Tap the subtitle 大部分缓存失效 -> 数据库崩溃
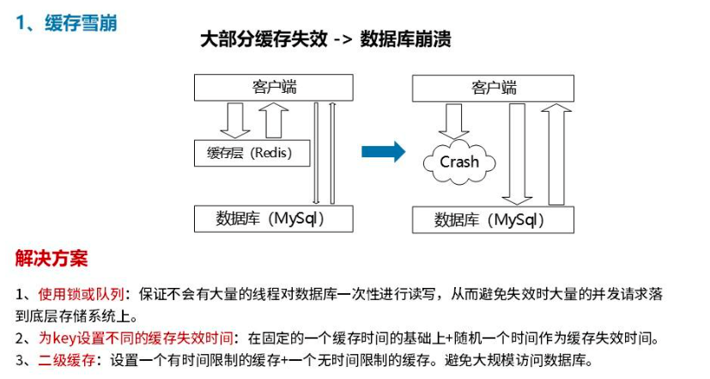[x=325, y=40]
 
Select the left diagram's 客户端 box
[x=275, y=87]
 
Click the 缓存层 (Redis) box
[x=250, y=154]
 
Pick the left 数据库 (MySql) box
[x=274, y=218]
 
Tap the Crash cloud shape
[x=459, y=162]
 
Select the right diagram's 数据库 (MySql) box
[x=492, y=220]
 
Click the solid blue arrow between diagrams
[x=383, y=152]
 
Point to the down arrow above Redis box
[x=234, y=119]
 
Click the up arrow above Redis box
[x=273, y=119]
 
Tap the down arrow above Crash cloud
[x=453, y=120]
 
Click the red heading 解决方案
[x=52, y=258]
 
